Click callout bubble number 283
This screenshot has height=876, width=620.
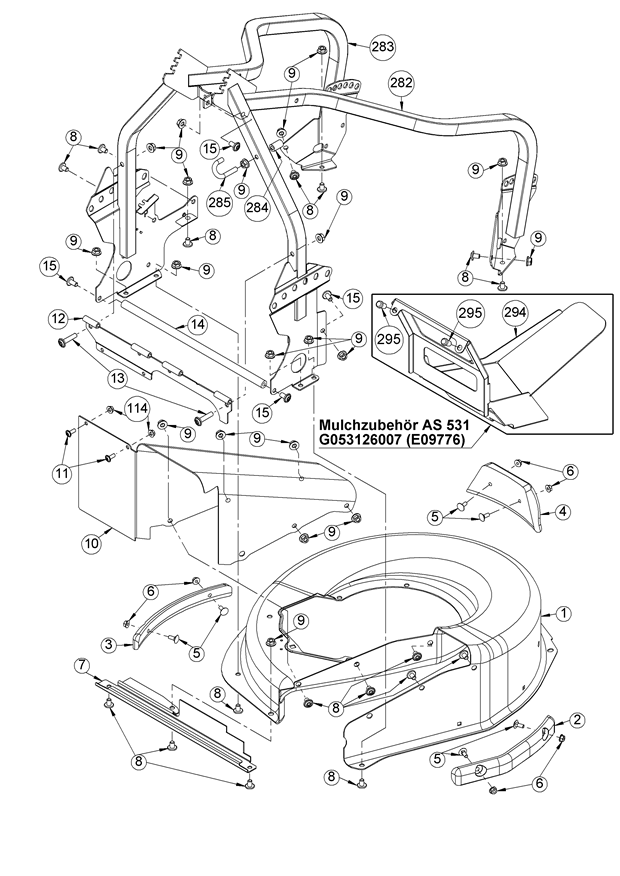coord(382,47)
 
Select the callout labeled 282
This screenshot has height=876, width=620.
coord(401,83)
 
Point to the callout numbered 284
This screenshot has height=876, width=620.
coord(257,209)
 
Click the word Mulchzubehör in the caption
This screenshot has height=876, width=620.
coord(373,421)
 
